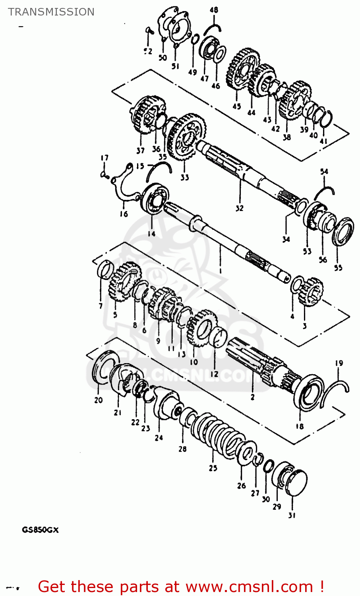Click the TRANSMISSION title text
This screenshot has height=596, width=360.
point(51,12)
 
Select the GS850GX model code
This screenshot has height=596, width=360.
point(40,530)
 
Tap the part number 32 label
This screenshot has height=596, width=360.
point(239,208)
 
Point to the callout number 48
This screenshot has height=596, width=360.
point(214,10)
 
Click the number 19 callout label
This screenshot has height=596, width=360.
point(339,363)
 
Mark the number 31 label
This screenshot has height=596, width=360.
point(292,515)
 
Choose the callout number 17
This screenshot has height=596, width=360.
point(104,158)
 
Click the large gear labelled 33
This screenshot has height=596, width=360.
point(186,137)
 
